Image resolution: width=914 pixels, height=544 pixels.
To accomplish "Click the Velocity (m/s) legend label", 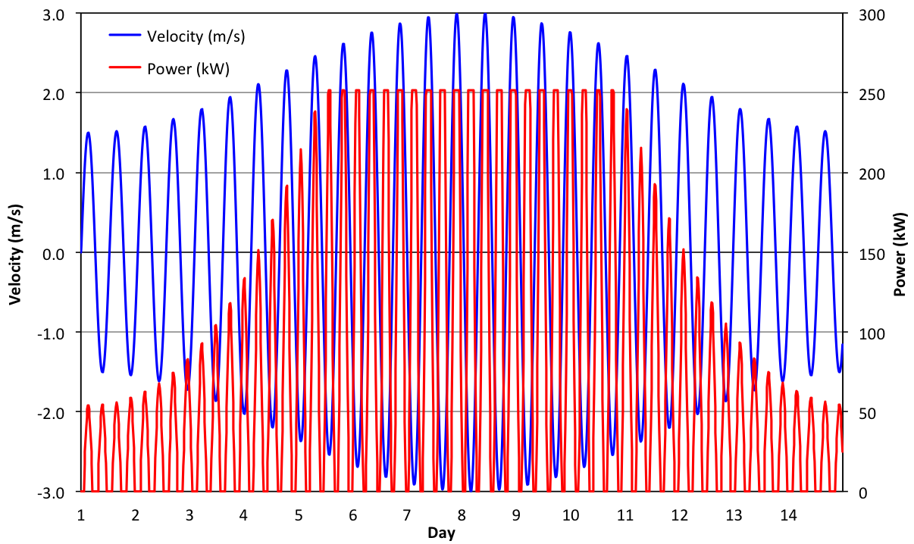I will click(196, 36).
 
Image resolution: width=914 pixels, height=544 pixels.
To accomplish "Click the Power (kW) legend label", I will click(188, 69).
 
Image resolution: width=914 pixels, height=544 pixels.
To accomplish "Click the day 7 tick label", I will click(407, 515).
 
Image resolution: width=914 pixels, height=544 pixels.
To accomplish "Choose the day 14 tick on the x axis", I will click(788, 515).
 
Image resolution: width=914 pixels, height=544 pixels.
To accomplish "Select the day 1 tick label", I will click(81, 515).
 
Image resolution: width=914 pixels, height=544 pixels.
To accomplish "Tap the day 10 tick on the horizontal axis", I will click(571, 515).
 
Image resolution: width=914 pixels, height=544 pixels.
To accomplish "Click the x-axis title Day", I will click(441, 533).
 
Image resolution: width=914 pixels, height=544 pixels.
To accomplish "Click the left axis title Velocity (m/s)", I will click(15, 253).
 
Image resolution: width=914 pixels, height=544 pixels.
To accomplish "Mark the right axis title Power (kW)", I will click(901, 253).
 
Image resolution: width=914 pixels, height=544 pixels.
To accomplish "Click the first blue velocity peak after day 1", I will click(88, 133).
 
